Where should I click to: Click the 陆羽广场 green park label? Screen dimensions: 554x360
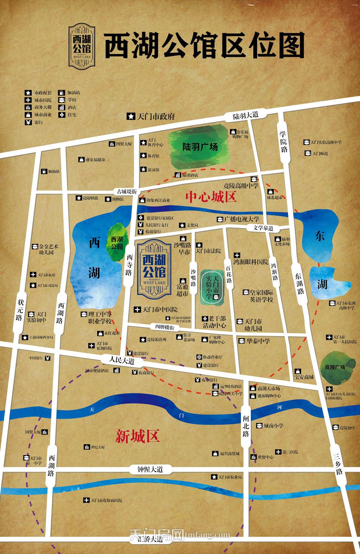(x=200, y=147)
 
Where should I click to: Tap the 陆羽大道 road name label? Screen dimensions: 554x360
(x=246, y=115)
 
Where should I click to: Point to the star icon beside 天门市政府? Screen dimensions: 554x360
(x=130, y=116)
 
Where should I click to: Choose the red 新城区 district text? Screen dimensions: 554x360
(x=137, y=437)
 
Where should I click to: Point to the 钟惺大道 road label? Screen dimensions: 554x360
(x=150, y=469)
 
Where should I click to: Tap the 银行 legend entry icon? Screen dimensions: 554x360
(x=28, y=122)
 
